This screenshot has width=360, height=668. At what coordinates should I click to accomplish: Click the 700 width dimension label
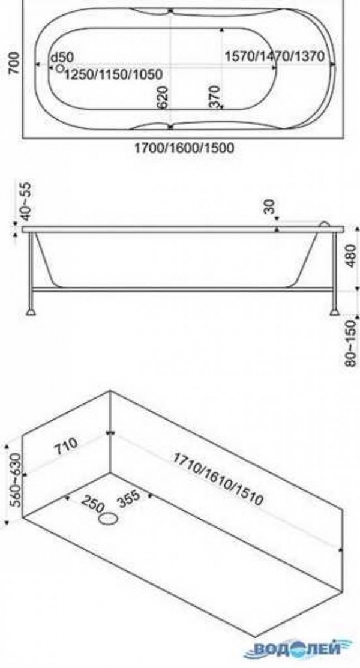[14, 63]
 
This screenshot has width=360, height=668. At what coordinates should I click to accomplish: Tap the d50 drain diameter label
[62, 58]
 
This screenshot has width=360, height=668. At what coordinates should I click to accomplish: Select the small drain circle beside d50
[59, 68]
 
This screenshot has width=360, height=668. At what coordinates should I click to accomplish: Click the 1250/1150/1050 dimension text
[113, 75]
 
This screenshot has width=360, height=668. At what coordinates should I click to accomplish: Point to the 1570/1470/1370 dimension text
[275, 56]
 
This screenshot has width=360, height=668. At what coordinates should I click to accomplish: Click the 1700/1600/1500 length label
[184, 148]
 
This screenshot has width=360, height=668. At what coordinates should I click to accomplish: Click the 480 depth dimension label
[351, 255]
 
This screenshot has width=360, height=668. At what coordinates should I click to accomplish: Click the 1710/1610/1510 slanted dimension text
[218, 479]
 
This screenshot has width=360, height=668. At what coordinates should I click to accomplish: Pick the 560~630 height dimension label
[15, 480]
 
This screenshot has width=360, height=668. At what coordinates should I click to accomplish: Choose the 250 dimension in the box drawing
[92, 504]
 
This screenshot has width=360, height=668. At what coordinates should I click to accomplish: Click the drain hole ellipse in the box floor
[109, 519]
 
